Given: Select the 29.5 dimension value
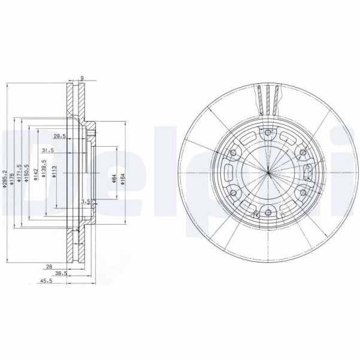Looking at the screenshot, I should tap(59, 136).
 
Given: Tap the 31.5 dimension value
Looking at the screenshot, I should tap(48, 150).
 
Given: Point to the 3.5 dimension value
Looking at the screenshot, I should tap(85, 202).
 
